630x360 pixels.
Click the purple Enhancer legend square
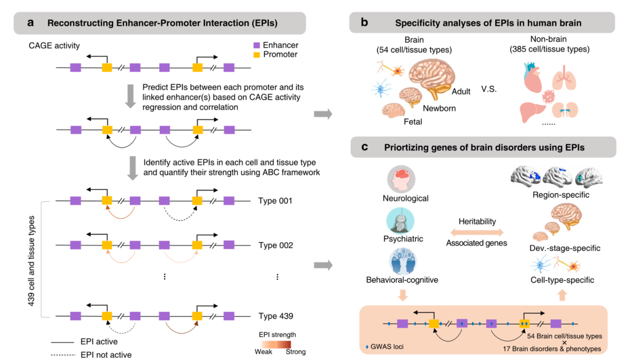point(257,46)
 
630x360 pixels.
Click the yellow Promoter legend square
point(257,55)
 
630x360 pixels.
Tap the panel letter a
point(30,23)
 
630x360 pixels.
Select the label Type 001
point(275,201)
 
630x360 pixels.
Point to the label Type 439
point(275,316)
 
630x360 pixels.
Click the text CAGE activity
point(54,46)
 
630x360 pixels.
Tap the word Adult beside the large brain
point(461,92)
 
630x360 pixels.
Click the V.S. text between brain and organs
point(489,89)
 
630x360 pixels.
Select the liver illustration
point(533,111)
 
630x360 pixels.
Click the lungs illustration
point(564,78)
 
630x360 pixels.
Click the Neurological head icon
point(401,179)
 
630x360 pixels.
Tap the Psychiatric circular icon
point(400,221)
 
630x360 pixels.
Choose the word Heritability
point(477,221)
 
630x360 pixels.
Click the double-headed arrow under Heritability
point(477,232)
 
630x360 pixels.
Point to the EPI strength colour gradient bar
point(276,344)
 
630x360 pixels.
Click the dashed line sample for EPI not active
point(63,355)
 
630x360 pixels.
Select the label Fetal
point(413,122)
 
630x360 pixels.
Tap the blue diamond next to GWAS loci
point(367,347)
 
